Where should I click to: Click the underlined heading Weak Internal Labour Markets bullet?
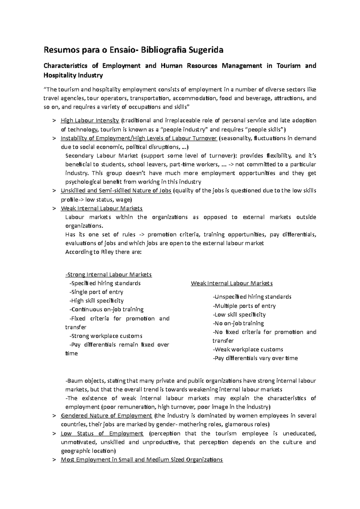[x=101, y=208]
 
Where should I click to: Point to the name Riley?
[x=107, y=252]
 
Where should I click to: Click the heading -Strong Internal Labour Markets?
[x=109, y=275]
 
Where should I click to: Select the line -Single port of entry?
[x=96, y=292]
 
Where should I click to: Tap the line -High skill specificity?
[x=96, y=301]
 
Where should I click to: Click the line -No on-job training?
[x=238, y=323]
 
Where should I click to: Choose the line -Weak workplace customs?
[x=248, y=349]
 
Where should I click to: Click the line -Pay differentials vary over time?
[x=255, y=358]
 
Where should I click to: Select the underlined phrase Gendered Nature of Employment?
[x=106, y=416]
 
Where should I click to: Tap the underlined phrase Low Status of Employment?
[x=102, y=433]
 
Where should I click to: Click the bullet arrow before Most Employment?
[x=54, y=460]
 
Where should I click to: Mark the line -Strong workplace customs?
[x=106, y=336]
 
